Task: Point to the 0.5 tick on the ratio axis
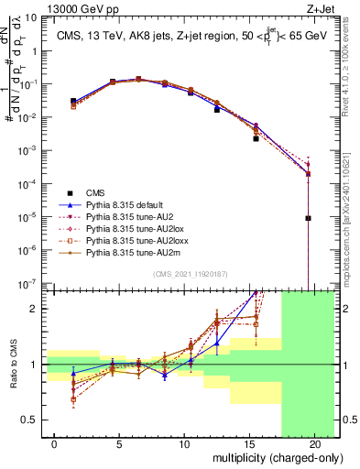[34, 420]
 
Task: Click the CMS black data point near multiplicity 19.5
[309, 218]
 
